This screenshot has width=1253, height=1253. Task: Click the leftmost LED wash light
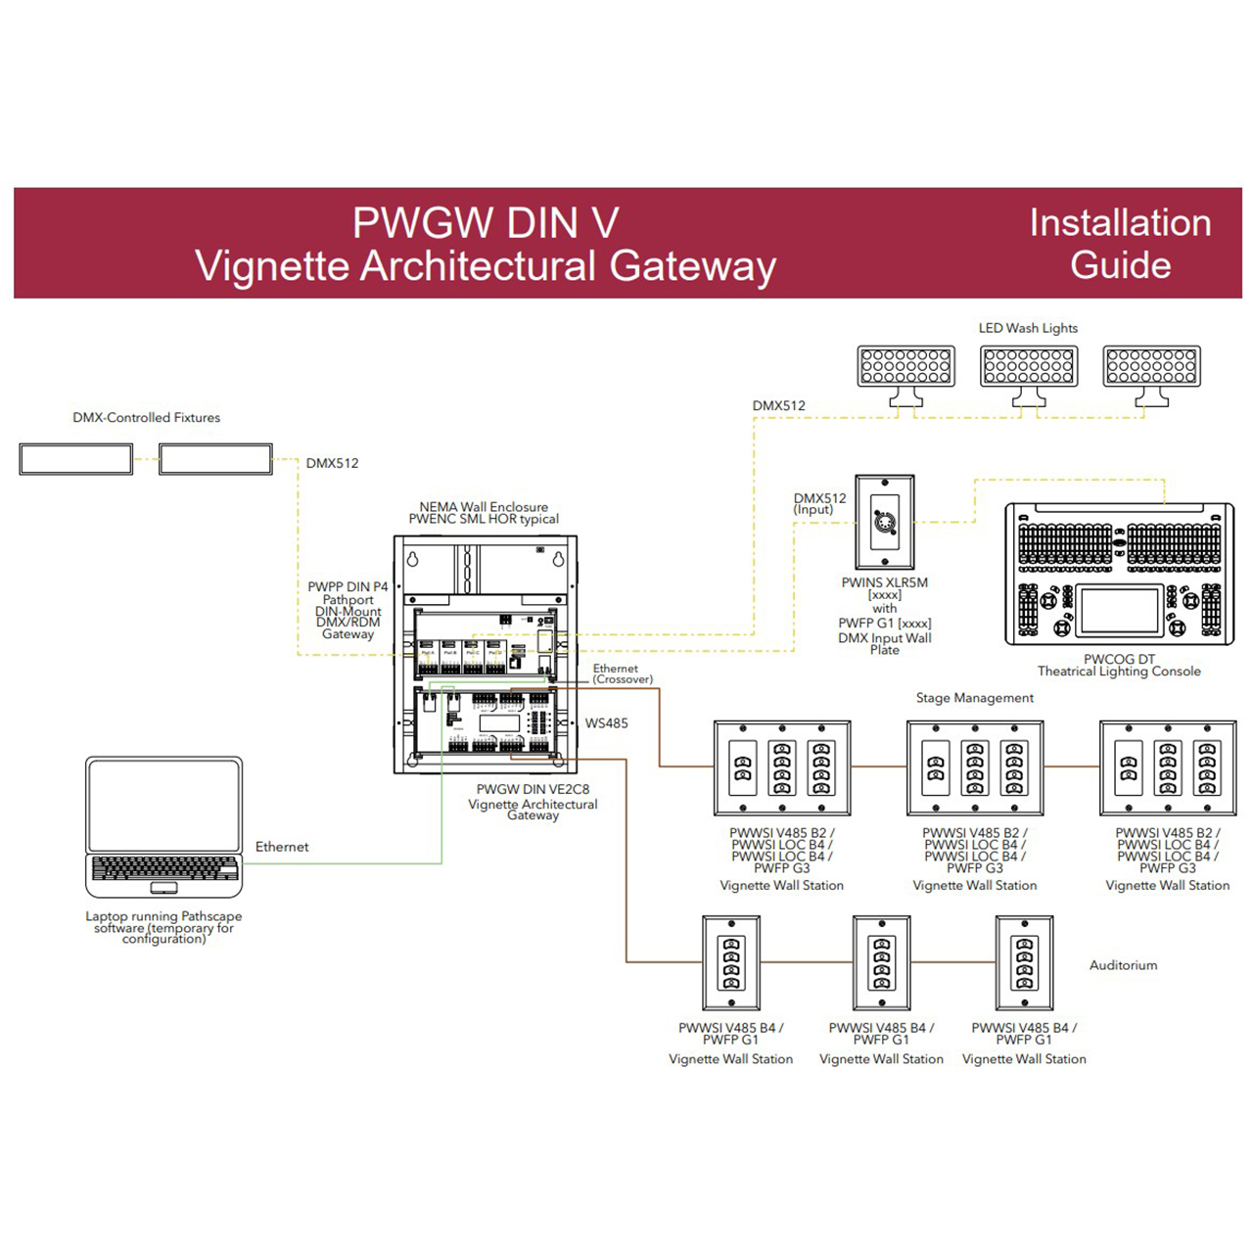pyautogui.click(x=905, y=366)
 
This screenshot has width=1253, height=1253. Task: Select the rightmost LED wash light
pyautogui.click(x=1151, y=366)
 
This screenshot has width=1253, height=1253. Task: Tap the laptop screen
pyautogui.click(x=163, y=805)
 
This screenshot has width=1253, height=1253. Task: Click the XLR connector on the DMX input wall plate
pyautogui.click(x=885, y=522)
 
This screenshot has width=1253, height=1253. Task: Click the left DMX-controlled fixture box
pyautogui.click(x=76, y=459)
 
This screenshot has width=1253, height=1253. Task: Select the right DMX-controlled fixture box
pyautogui.click(x=215, y=459)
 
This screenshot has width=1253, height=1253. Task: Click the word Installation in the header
pyautogui.click(x=1120, y=223)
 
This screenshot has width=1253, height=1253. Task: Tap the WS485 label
pyautogui.click(x=607, y=723)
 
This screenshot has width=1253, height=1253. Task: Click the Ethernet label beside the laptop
pyautogui.click(x=282, y=847)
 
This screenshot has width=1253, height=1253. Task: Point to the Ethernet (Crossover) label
pyautogui.click(x=623, y=673)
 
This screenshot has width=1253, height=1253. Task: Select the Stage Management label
pyautogui.click(x=974, y=698)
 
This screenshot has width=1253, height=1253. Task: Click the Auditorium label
pyautogui.click(x=1123, y=965)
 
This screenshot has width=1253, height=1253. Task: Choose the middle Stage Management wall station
pyautogui.click(x=975, y=768)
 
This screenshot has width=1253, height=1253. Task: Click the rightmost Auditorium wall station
pyautogui.click(x=1024, y=963)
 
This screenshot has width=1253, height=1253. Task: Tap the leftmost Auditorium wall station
pyautogui.click(x=731, y=963)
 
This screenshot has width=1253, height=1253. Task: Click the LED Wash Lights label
pyautogui.click(x=1028, y=328)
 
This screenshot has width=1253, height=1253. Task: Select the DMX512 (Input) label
pyautogui.click(x=819, y=503)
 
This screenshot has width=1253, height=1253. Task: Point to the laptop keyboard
pyautogui.click(x=163, y=868)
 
